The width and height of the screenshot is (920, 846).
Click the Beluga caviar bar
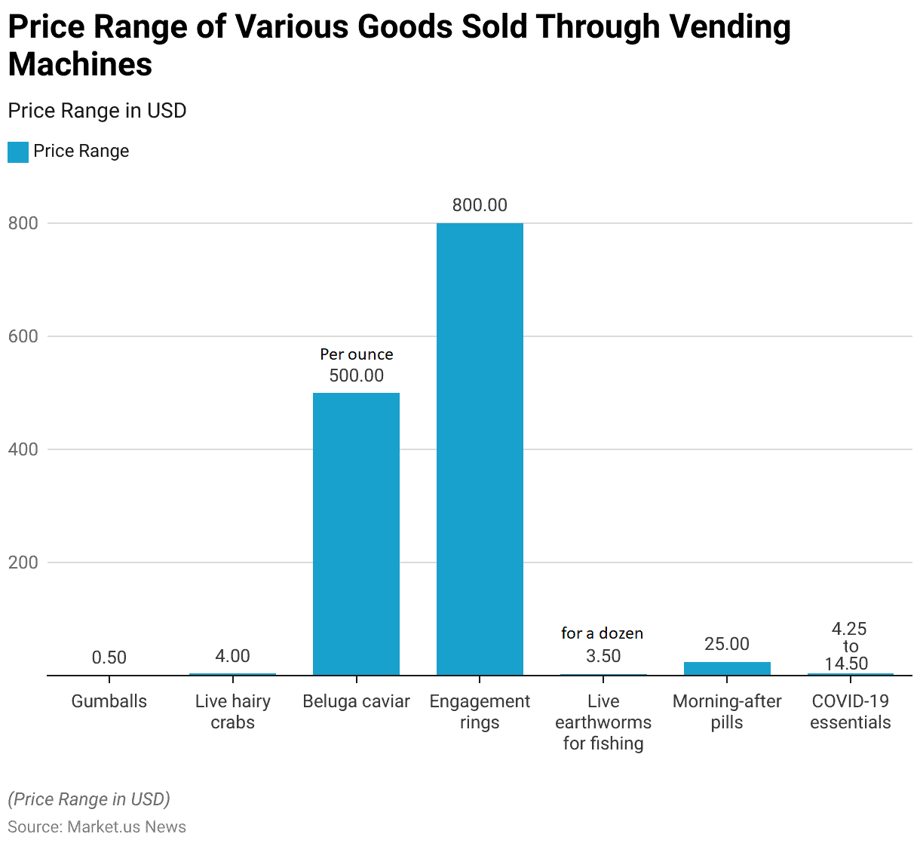(356, 534)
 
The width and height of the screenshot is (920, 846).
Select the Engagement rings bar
(480, 449)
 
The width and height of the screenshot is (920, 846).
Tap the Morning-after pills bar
(727, 668)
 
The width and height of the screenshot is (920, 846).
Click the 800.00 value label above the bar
(480, 205)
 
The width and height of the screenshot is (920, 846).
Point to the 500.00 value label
(356, 375)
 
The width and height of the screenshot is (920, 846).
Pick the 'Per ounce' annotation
(356, 354)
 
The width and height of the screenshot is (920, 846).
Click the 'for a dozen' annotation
(602, 633)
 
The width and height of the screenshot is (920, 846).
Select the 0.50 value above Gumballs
(109, 657)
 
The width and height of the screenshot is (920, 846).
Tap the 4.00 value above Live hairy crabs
(232, 656)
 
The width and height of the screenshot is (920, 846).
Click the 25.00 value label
(727, 644)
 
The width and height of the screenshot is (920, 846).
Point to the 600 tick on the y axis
(23, 336)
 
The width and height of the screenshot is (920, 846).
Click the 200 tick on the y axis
(23, 562)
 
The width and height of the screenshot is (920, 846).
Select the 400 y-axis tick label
(23, 449)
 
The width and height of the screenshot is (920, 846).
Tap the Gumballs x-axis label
(109, 701)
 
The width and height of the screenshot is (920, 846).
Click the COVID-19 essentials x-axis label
(850, 712)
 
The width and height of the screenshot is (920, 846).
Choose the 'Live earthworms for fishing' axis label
(603, 722)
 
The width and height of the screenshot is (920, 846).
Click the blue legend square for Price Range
(18, 152)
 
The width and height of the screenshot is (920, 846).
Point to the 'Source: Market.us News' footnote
(97, 826)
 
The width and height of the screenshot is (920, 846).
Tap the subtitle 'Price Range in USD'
(97, 111)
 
